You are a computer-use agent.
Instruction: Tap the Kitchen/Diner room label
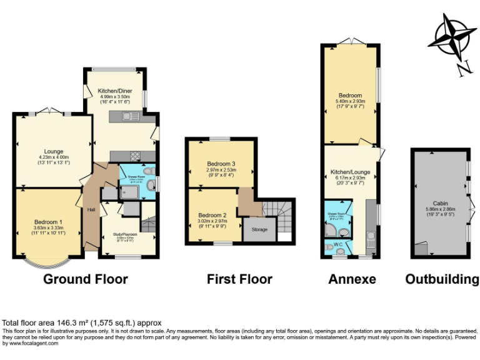(x=114, y=91)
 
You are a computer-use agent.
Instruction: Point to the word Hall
(x=91, y=209)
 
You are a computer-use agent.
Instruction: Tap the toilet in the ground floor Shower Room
(x=147, y=171)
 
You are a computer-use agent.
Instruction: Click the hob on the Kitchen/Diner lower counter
(x=134, y=156)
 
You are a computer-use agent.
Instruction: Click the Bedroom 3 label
(x=221, y=164)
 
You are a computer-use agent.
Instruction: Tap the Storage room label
(x=259, y=229)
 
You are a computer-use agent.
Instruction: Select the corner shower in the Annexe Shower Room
(x=330, y=229)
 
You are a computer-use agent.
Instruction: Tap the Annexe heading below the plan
(x=352, y=279)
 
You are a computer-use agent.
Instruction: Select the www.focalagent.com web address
(x=31, y=343)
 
